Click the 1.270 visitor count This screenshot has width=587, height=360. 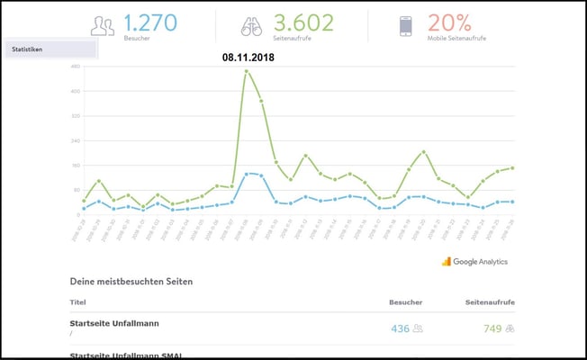(x=151, y=22)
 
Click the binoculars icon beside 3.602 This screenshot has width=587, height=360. (x=251, y=27)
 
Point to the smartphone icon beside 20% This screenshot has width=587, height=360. (x=406, y=27)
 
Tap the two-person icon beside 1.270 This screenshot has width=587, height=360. (x=103, y=27)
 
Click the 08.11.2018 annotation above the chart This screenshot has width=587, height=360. (x=248, y=57)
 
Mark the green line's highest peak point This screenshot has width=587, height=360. (x=247, y=71)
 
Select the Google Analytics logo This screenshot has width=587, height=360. (x=474, y=261)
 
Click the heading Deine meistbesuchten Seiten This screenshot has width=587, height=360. (x=131, y=282)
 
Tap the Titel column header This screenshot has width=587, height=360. (x=77, y=302)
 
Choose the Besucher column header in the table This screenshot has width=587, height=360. (x=405, y=302)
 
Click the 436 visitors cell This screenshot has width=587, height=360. (x=401, y=328)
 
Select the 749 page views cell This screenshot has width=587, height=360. (x=492, y=328)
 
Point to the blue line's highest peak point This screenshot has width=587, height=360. (x=247, y=174)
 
